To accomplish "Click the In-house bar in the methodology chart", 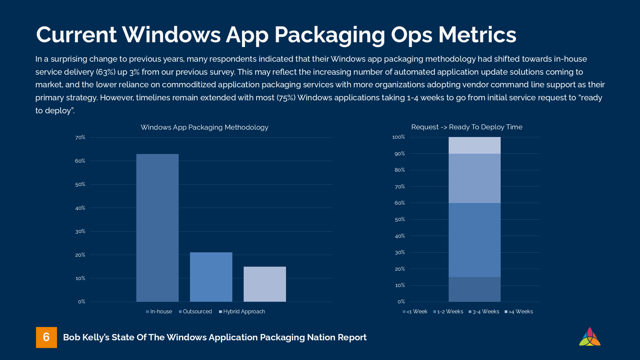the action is coord(157,228).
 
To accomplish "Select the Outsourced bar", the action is coord(211,277).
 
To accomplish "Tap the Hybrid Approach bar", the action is coord(265,284).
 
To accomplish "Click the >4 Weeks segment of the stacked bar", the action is coord(474,145).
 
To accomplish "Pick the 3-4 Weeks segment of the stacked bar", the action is coord(474,178).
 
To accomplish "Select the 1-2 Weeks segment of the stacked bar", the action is coord(474,240).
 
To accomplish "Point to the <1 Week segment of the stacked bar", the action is coord(474,289).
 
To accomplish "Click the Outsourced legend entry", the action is coord(195,312).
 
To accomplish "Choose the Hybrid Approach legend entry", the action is coord(242,312).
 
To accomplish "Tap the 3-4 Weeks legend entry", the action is coord(484,312).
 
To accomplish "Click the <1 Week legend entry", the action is coord(415,312).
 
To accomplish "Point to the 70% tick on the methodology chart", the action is coord(80,137).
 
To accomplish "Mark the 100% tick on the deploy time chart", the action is coord(399,137).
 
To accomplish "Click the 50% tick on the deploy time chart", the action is coord(400,219).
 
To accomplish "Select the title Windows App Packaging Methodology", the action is coord(204,127).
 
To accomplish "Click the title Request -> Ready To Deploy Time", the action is coord(467,127).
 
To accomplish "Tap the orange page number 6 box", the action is coord(46,337).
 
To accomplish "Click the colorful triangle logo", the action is coord(590,337).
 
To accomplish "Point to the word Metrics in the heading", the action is coord(477,35).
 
